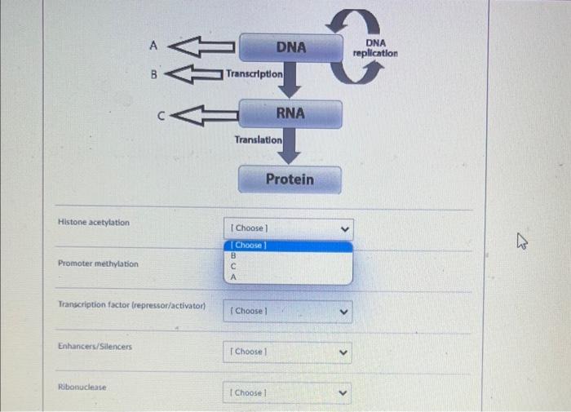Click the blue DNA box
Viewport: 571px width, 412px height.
point(290,47)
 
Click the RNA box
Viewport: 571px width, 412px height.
point(290,113)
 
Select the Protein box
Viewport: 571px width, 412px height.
point(290,179)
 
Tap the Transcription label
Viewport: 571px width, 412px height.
point(255,73)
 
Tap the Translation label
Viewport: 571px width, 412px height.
point(259,140)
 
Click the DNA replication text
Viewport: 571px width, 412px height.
point(375,47)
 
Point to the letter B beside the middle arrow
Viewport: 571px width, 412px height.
point(153,74)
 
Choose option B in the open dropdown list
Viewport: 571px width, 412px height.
point(233,255)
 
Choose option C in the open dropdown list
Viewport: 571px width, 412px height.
point(233,266)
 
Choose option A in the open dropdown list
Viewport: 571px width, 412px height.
point(233,277)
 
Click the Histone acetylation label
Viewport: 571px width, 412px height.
point(93,222)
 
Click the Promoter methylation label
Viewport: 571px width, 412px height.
point(98,264)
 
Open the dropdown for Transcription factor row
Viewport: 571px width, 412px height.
point(287,311)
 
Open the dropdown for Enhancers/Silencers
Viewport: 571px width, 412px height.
point(287,352)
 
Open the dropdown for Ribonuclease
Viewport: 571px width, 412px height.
point(287,392)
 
